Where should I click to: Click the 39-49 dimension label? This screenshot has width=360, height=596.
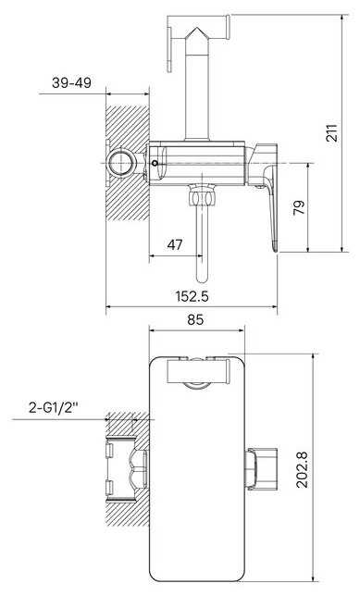click(71, 83)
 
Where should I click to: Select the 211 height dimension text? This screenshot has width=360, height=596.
click(332, 132)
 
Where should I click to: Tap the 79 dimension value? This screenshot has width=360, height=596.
click(299, 207)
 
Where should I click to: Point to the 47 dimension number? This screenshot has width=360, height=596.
click(175, 244)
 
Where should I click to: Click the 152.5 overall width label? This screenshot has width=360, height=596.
click(192, 296)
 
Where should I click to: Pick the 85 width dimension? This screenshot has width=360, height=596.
click(195, 319)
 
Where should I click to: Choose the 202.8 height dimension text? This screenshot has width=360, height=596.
click(303, 470)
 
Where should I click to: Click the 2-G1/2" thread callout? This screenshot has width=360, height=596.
click(54, 408)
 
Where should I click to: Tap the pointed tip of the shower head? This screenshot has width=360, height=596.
click(196, 28)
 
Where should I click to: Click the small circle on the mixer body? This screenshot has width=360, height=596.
click(155, 164)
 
